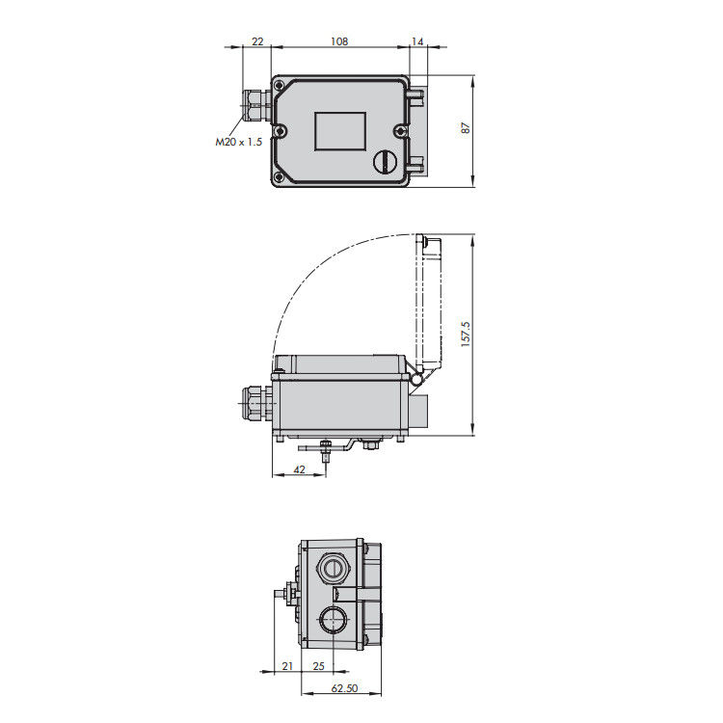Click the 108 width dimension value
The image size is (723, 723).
[x=339, y=41]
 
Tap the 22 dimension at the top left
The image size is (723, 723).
[x=257, y=41]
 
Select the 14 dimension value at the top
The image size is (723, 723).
[x=416, y=41]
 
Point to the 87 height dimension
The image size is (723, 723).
[x=466, y=128]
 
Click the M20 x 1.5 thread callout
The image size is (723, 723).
[x=238, y=142]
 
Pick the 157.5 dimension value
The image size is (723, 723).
[x=466, y=334]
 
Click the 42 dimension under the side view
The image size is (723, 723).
[x=299, y=469]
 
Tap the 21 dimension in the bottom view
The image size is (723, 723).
[x=287, y=666]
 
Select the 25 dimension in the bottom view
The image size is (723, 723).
[x=318, y=666]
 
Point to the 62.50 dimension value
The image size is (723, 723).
[x=344, y=688]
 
